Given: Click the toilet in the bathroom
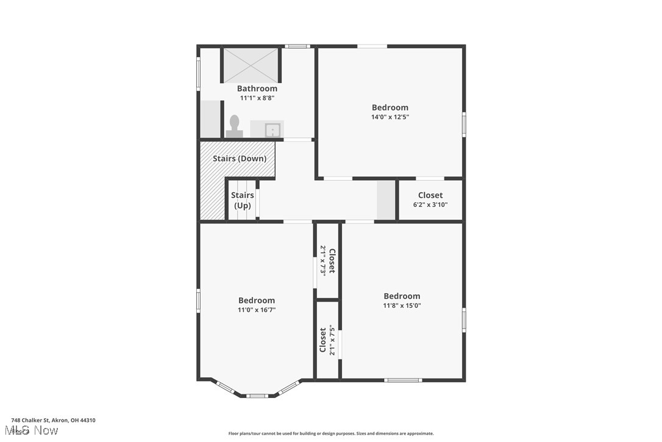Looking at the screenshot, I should (233, 126).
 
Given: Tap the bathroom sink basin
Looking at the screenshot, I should (272, 129).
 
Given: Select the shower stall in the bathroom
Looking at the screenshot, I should (250, 65).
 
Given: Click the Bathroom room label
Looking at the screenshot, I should (257, 89).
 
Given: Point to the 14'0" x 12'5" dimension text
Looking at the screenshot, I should (390, 117).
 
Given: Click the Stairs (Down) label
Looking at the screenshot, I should (240, 159).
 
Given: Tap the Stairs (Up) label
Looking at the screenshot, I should (243, 200).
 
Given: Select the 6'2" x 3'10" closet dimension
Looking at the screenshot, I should (430, 205).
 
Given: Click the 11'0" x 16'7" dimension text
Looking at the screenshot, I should (256, 310).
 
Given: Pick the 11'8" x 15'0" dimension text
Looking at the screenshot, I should (402, 306).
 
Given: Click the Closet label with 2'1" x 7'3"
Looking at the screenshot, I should (332, 261).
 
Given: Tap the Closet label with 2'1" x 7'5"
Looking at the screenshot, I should (323, 340).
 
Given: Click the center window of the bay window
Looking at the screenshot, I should (257, 396).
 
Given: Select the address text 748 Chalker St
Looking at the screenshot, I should (53, 420).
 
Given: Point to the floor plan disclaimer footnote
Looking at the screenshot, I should (331, 433).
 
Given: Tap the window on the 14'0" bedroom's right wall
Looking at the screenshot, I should (464, 124).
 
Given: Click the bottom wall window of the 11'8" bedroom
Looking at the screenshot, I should (403, 380).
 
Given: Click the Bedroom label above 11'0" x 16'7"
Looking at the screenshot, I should (256, 300).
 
